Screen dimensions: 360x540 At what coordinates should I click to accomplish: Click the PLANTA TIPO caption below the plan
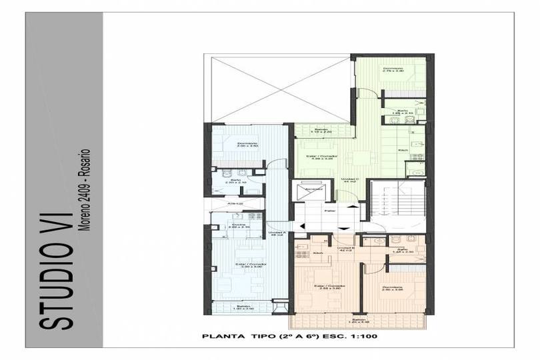pos(289,337)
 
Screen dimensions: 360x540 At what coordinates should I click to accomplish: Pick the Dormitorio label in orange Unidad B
pos(393,288)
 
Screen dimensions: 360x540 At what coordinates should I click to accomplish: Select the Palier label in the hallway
pos(329,211)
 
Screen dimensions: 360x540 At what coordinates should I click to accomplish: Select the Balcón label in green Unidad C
pos(321,130)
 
